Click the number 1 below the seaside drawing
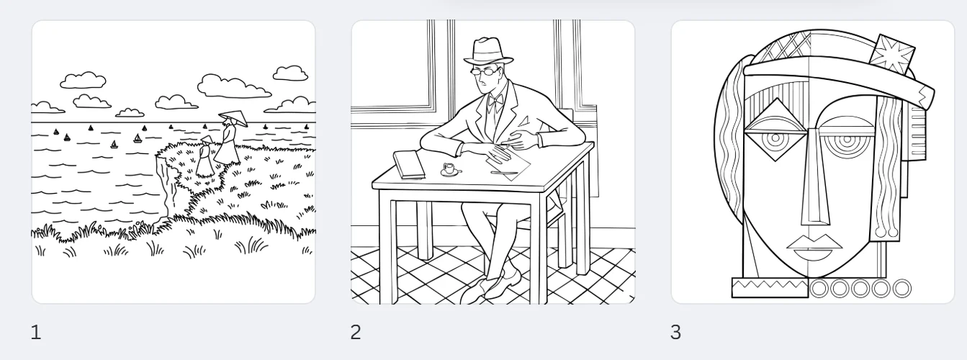(x=36, y=333)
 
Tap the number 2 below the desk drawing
(x=356, y=333)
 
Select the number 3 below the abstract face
(x=675, y=333)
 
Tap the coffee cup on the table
(x=450, y=170)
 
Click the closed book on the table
(x=409, y=164)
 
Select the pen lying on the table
(x=504, y=173)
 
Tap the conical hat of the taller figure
(x=233, y=117)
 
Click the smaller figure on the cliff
(x=204, y=156)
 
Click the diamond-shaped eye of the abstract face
(x=775, y=130)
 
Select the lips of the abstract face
(x=814, y=248)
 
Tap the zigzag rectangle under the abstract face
(x=770, y=288)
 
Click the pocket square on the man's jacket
(x=525, y=121)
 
